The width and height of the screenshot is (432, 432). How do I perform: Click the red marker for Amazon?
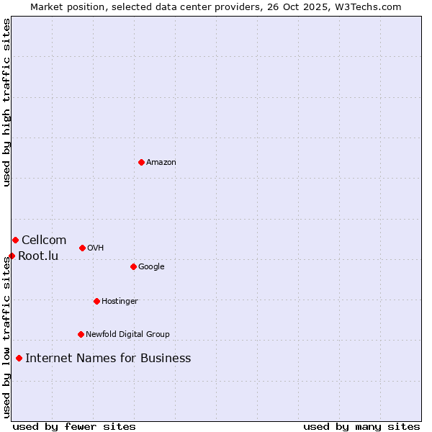tap(141, 162)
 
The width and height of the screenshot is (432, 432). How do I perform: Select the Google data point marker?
tap(133, 266)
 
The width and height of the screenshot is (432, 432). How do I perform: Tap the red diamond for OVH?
tap(82, 248)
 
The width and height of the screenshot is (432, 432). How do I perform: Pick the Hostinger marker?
tap(96, 301)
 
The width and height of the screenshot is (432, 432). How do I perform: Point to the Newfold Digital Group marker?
tap(81, 334)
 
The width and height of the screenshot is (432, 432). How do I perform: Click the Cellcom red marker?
tap(15, 240)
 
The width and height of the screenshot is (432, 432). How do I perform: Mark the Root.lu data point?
tap(12, 256)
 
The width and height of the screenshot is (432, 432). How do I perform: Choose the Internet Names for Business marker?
tap(19, 358)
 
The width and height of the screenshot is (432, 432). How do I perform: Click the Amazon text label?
tap(161, 163)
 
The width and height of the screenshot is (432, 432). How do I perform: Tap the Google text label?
tap(151, 267)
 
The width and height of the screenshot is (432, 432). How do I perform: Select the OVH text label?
tap(96, 248)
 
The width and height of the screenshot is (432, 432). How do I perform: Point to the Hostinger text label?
tap(120, 302)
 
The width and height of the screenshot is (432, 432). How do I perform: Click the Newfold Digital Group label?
tap(127, 335)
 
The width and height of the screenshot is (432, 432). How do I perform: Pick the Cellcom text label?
tap(44, 240)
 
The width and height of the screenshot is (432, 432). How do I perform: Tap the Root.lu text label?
tap(38, 256)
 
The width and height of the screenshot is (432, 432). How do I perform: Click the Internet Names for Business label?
tap(108, 359)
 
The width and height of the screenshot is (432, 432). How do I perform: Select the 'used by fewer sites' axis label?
tap(74, 426)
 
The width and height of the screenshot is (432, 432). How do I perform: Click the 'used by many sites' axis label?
tap(361, 426)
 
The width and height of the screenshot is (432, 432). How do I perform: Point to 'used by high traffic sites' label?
tap(6, 102)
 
